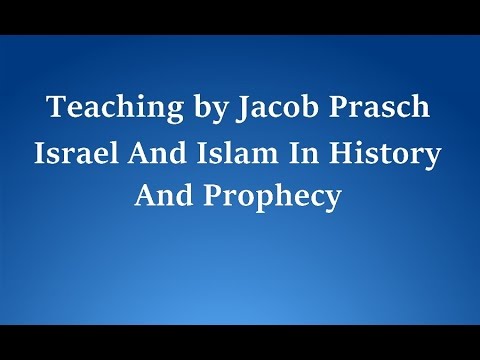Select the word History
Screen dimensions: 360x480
[380, 155]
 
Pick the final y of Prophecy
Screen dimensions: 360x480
[334, 200]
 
